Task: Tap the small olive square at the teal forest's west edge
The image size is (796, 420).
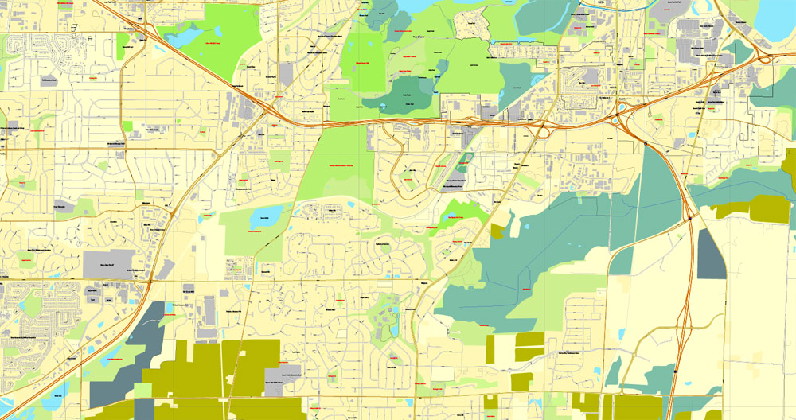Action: (x=497, y=231)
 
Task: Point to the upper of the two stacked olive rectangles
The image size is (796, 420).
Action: (x=529, y=337)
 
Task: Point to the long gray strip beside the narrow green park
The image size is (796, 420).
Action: (x=451, y=169)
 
